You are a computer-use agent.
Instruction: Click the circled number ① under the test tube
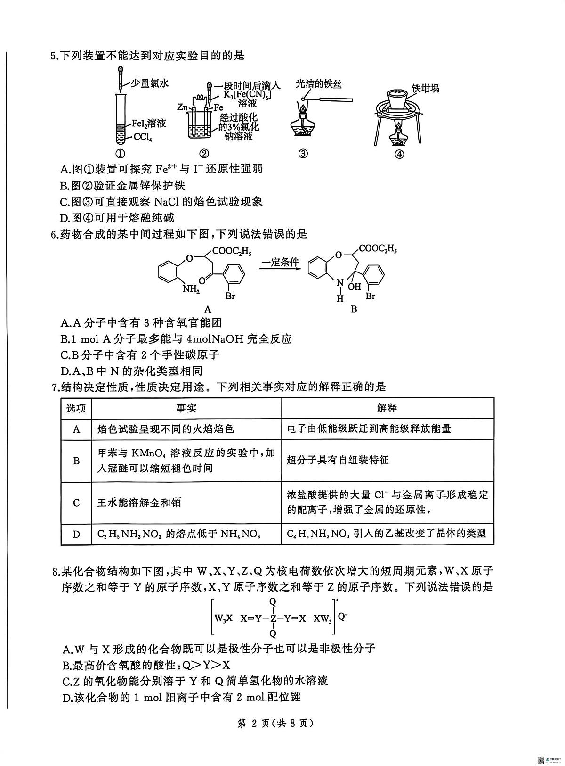pyautogui.click(x=121, y=153)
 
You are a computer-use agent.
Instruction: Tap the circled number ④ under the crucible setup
pyautogui.click(x=399, y=154)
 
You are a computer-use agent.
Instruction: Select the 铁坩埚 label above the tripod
pyautogui.click(x=425, y=88)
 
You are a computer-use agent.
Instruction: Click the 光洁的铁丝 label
pyautogui.click(x=318, y=84)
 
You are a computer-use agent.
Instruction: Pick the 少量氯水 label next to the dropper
pyautogui.click(x=149, y=83)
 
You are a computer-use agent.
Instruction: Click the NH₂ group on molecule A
pyautogui.click(x=191, y=289)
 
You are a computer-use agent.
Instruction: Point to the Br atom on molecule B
pyautogui.click(x=371, y=296)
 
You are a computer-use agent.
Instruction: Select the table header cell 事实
pyautogui.click(x=186, y=408)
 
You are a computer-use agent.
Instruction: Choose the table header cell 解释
pyautogui.click(x=387, y=408)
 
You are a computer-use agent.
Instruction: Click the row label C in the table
pyautogui.click(x=76, y=503)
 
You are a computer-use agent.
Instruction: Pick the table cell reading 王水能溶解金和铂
pyautogui.click(x=139, y=503)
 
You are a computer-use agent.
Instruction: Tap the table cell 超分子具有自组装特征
pyautogui.click(x=338, y=461)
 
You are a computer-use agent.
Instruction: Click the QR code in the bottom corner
pyautogui.click(x=541, y=758)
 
